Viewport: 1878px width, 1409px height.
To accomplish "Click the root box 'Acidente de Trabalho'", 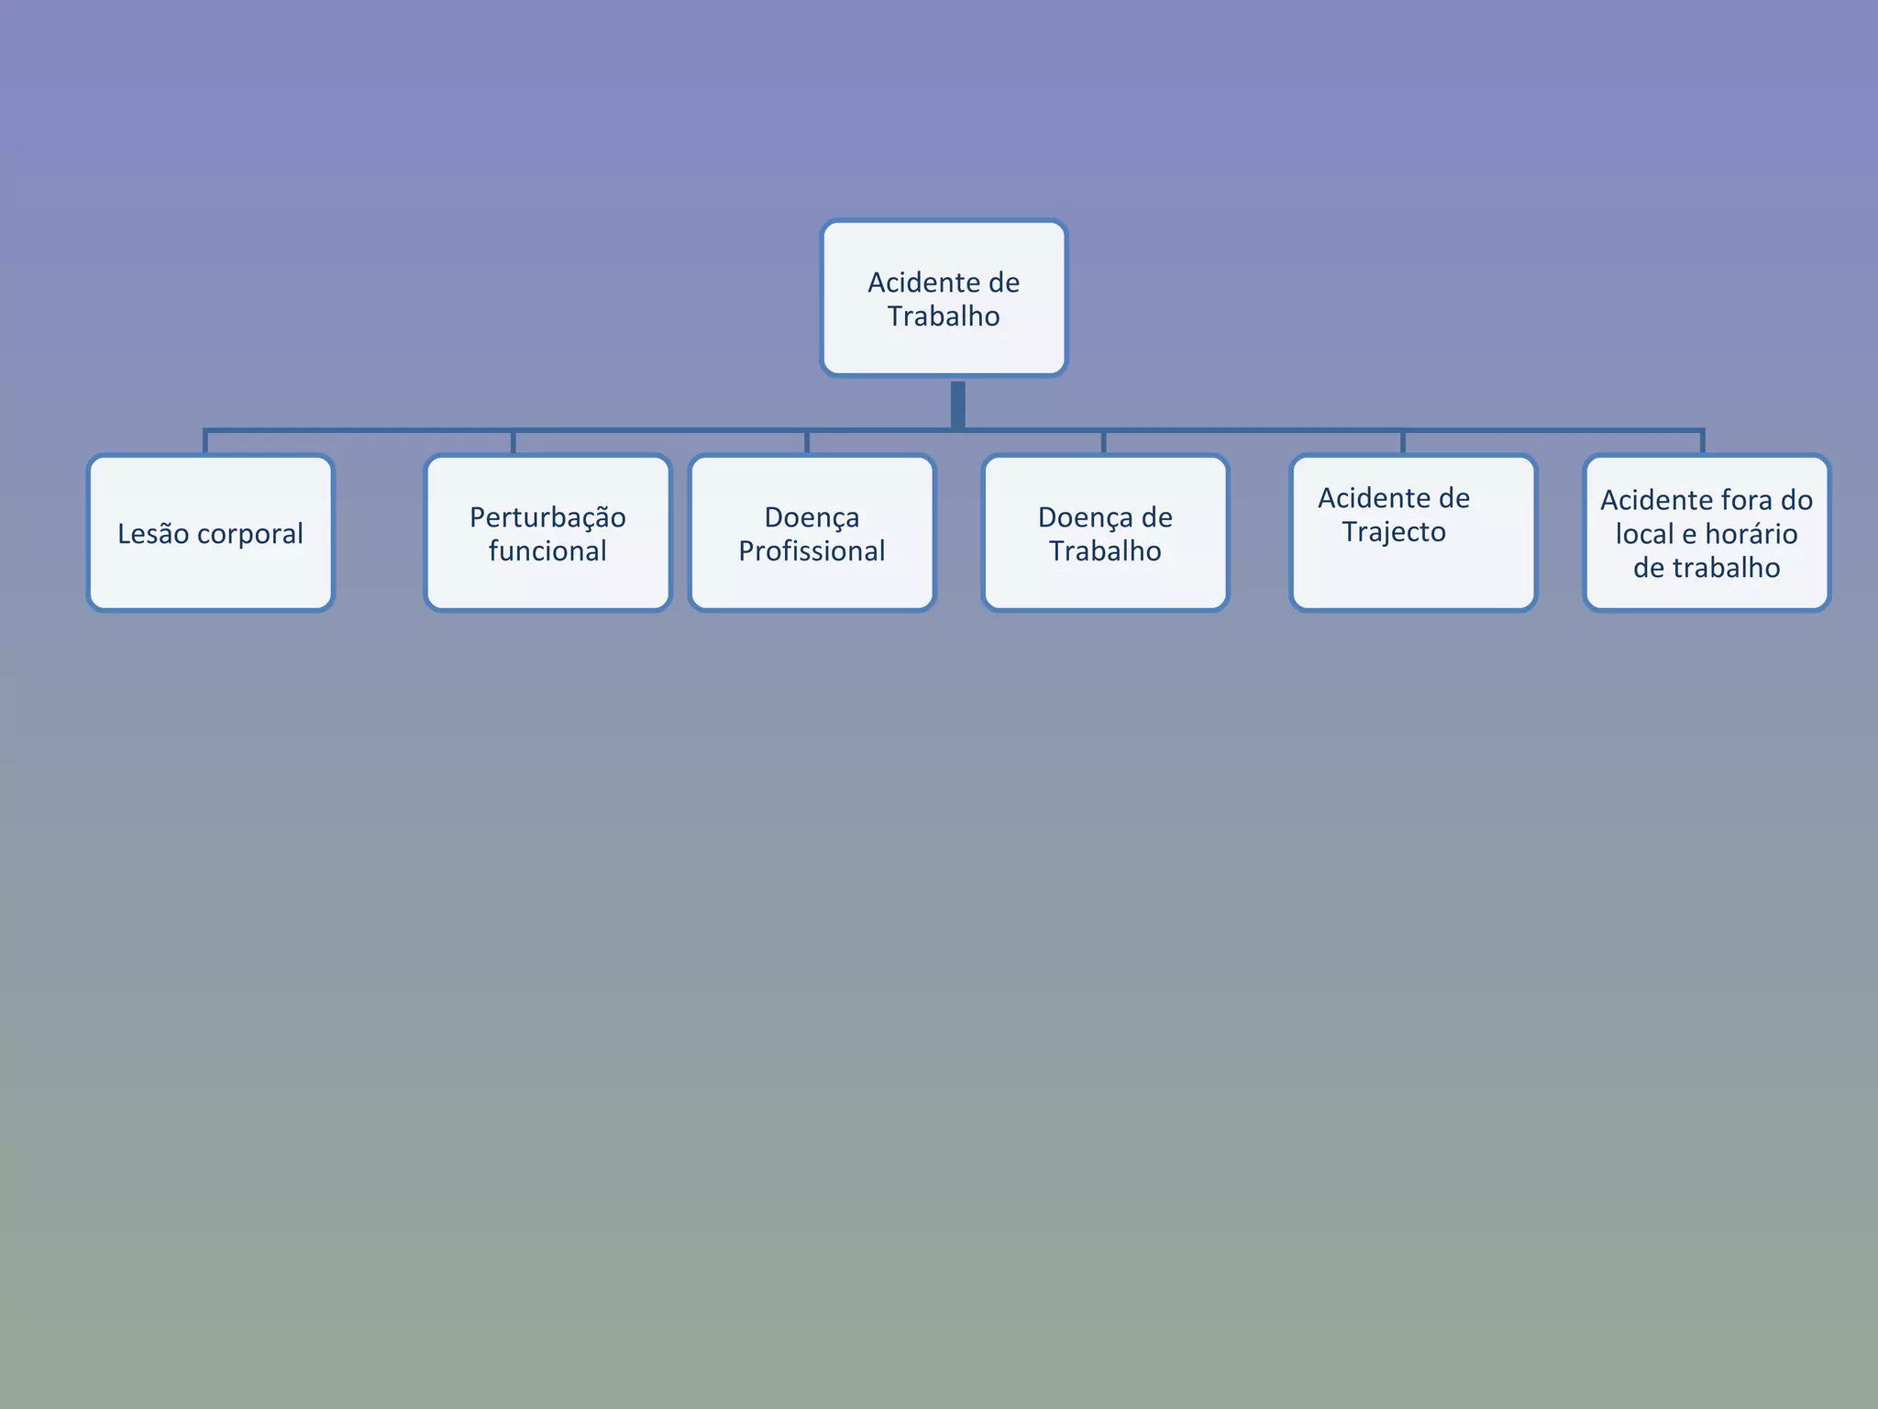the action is tap(944, 298).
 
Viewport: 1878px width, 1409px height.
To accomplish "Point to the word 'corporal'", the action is tap(249, 535).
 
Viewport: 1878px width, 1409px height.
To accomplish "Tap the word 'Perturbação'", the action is tap(547, 517).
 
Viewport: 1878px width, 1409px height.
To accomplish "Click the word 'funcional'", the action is tap(547, 551).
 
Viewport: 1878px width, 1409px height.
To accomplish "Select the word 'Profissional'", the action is tap(812, 551).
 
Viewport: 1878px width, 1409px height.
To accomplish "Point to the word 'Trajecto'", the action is tap(1394, 532).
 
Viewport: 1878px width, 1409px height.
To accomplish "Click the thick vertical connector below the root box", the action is tap(957, 404).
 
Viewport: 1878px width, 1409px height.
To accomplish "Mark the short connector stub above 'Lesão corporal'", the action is tap(205, 442).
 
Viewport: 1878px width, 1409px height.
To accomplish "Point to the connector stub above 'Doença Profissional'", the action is tap(807, 442).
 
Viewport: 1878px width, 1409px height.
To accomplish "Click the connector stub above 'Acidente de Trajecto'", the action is tap(1403, 442).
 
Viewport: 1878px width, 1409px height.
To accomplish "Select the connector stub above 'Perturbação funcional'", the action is tap(514, 442).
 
